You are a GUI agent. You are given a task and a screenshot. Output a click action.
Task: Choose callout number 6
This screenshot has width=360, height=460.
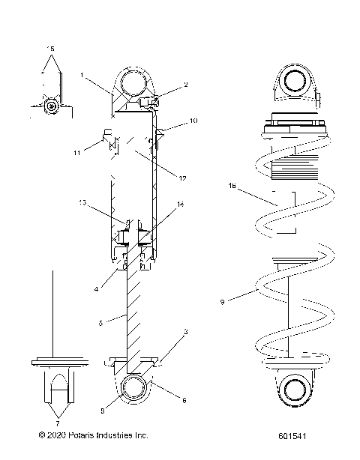click(184, 400)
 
